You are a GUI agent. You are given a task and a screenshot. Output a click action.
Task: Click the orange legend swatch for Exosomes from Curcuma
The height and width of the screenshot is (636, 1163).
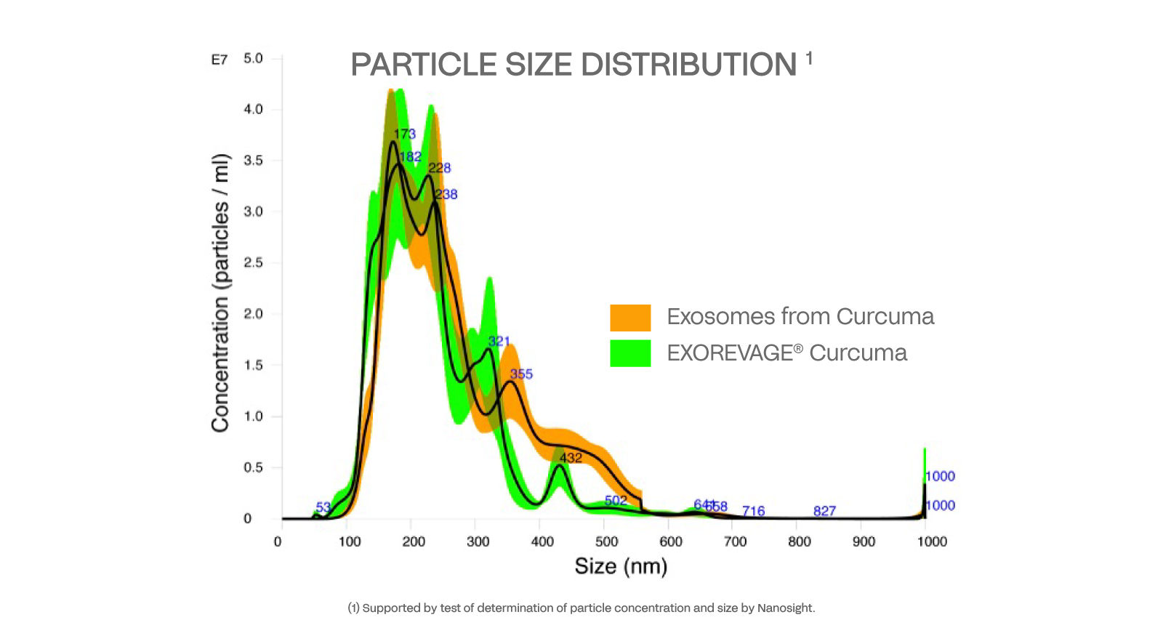pos(630,318)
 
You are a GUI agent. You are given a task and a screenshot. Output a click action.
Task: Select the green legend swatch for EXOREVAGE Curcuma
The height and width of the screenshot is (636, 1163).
pos(630,353)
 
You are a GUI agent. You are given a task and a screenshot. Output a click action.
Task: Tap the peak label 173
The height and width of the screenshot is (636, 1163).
pos(405,134)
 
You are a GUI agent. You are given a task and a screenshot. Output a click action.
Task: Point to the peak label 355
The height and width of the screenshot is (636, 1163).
pos(521,374)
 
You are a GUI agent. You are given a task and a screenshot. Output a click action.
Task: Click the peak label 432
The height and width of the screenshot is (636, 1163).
pos(571,458)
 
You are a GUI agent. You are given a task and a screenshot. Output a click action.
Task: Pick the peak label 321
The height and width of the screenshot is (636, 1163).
pos(499,342)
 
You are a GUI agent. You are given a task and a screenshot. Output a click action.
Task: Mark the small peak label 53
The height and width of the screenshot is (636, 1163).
pos(323,507)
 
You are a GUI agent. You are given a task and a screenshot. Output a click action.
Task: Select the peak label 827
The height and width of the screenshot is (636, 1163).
pos(824,511)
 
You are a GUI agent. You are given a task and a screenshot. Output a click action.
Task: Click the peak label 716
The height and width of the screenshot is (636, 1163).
pos(753,511)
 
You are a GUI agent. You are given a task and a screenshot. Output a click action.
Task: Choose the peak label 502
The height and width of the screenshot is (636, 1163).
pos(616,501)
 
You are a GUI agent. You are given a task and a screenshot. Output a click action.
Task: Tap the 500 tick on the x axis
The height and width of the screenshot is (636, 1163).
pos(606,542)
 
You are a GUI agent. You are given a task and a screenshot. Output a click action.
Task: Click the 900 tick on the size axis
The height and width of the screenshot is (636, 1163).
pos(864,542)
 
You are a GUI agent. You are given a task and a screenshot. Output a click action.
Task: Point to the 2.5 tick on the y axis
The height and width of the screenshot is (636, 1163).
pos(254,262)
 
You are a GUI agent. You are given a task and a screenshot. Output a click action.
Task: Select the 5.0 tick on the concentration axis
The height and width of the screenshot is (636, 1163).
pos(254,58)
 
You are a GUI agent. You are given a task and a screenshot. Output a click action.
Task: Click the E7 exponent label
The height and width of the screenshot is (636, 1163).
pos(220,60)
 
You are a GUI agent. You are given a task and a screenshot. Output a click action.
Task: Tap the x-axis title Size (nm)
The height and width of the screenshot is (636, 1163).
pos(621,566)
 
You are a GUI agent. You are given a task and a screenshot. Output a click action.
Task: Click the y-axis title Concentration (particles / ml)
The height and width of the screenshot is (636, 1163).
pos(220,293)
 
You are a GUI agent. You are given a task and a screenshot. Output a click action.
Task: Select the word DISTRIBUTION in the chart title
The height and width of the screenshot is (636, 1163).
pos(688,65)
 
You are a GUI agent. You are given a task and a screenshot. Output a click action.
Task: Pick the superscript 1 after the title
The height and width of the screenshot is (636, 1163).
pos(809,57)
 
